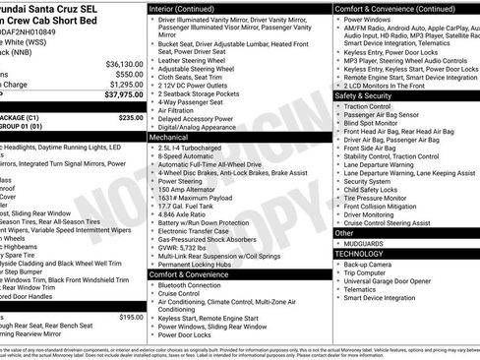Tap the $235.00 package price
pyautogui.click(x=131, y=117)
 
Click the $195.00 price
pyautogui.click(x=131, y=317)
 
